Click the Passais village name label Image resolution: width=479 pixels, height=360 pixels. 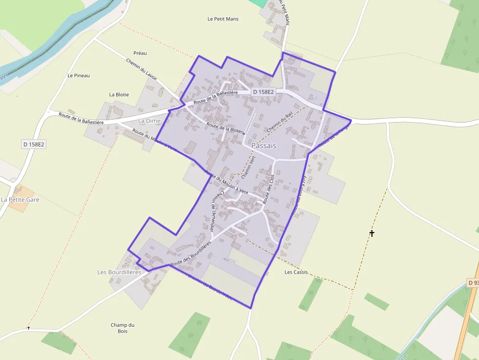[264, 146]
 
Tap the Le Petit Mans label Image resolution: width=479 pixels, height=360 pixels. [223, 19]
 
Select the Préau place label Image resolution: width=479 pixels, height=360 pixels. [140, 53]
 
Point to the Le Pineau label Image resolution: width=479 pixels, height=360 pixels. [79, 76]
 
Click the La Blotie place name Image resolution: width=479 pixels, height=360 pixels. [119, 94]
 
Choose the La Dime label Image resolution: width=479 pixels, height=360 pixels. [150, 121]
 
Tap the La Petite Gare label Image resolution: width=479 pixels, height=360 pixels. [20, 199]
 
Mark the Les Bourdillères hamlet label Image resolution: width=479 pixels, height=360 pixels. [119, 272]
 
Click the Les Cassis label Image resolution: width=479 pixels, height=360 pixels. [296, 272]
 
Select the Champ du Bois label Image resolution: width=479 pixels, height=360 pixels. [122, 328]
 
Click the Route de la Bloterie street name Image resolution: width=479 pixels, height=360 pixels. [225, 129]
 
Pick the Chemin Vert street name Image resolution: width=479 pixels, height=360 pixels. [248, 167]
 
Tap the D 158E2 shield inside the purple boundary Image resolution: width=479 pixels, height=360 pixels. [263, 92]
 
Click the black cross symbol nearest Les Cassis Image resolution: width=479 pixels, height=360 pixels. [372, 233]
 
